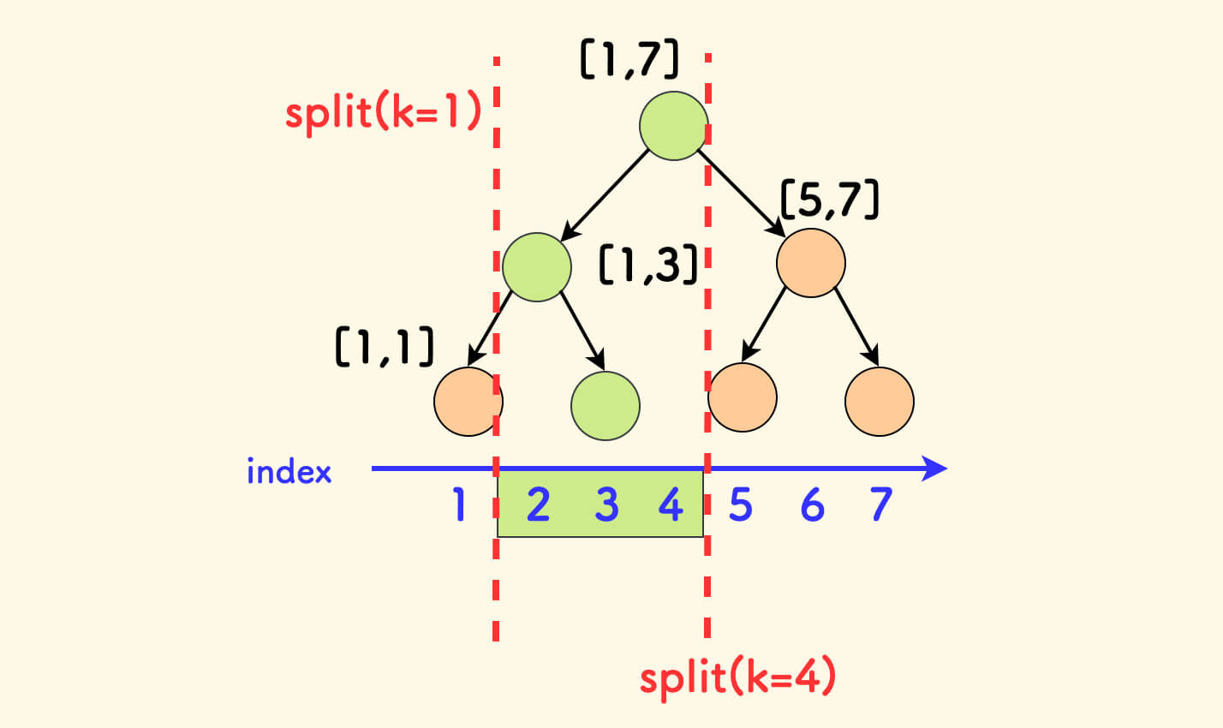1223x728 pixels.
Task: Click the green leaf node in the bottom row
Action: pos(606,405)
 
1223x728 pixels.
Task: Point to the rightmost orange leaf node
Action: pos(880,401)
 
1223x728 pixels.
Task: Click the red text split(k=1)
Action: pos(384,113)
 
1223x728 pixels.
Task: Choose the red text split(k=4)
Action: pos(737,677)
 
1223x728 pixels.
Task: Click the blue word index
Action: pos(289,471)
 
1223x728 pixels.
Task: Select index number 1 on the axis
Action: pos(460,505)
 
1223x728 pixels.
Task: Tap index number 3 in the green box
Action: pos(606,505)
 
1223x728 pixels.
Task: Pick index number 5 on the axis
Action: pos(741,505)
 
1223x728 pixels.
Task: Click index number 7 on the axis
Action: pos(881,505)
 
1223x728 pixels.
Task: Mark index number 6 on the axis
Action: pos(812,505)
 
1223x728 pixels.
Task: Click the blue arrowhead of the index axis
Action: pos(935,468)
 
